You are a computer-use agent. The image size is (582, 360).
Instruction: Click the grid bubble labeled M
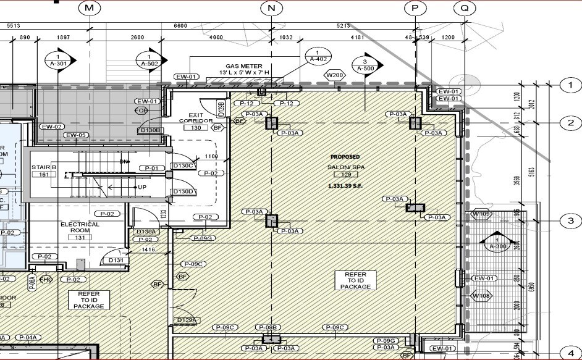pyautogui.click(x=90, y=8)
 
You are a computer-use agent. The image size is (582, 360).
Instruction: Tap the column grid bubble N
pyautogui.click(x=271, y=8)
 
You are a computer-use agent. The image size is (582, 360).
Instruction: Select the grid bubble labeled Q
pyautogui.click(x=463, y=8)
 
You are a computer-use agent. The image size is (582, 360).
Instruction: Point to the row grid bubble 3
pyautogui.click(x=570, y=221)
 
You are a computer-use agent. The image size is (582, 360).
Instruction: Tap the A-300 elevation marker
pyautogui.click(x=497, y=243)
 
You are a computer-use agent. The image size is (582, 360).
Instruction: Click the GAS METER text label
pyautogui.click(x=243, y=66)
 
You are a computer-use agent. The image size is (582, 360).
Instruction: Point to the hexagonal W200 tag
pyautogui.click(x=334, y=75)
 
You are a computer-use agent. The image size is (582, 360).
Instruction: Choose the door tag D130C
pyautogui.click(x=183, y=165)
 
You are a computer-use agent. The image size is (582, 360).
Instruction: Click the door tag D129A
pyautogui.click(x=186, y=320)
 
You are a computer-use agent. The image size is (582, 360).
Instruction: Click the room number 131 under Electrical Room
pyautogui.click(x=80, y=237)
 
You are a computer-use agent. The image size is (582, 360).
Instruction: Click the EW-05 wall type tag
pyautogui.click(x=76, y=135)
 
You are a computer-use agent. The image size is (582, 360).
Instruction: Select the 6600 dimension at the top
pyautogui.click(x=180, y=25)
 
